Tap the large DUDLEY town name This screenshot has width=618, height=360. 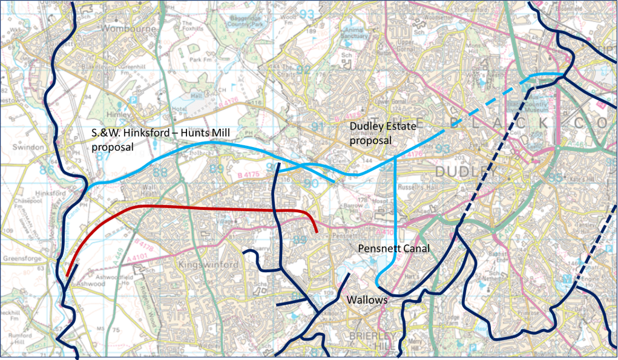click(x=468, y=171)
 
